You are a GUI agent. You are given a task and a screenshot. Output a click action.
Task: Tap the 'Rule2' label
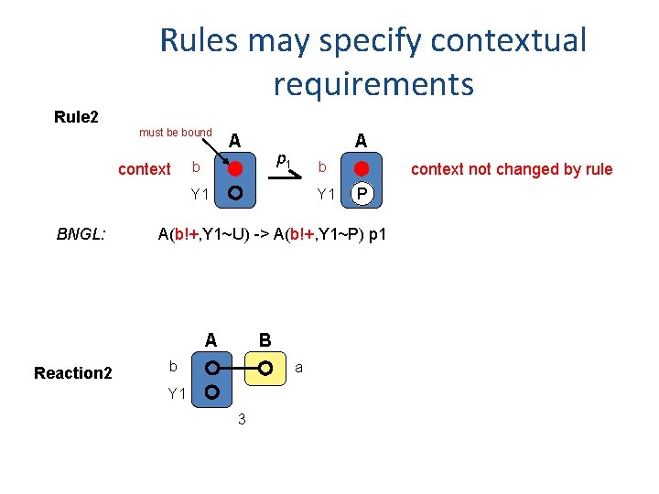click(77, 117)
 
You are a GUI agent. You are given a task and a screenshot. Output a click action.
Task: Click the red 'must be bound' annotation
click(176, 133)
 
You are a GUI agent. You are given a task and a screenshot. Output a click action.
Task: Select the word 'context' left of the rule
click(145, 169)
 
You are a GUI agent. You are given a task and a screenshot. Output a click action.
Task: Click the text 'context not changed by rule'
click(512, 169)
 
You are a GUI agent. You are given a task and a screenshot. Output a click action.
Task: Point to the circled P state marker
click(363, 194)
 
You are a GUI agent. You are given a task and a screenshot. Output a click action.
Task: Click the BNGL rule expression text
click(272, 235)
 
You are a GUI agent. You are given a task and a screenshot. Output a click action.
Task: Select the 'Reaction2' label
click(73, 372)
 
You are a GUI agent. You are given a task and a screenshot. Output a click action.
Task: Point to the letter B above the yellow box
click(265, 340)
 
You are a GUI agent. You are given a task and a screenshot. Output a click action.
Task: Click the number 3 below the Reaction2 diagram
click(241, 420)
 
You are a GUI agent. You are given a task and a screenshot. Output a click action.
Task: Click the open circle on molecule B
click(265, 369)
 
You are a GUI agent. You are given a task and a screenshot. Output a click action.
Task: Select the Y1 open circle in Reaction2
click(211, 393)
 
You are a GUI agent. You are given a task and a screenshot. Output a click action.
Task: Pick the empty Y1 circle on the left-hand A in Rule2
click(235, 194)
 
